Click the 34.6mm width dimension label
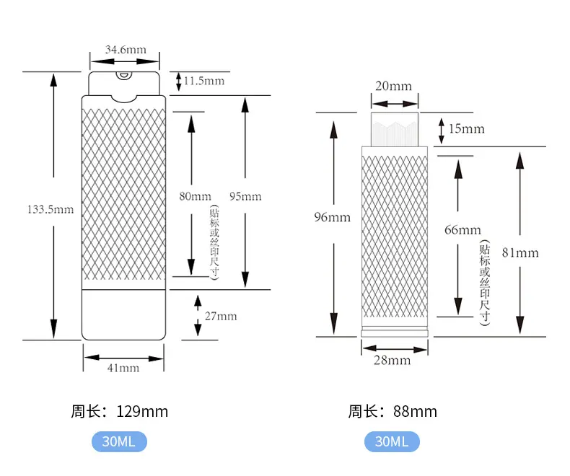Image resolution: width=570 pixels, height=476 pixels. (x=126, y=50)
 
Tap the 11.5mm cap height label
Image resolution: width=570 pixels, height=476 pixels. (x=204, y=81)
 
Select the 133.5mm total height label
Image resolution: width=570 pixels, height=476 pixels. (x=51, y=209)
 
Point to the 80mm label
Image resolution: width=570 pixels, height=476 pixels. (x=196, y=196)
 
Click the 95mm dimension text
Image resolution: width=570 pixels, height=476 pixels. (x=245, y=197)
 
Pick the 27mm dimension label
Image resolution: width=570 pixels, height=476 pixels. (x=221, y=316)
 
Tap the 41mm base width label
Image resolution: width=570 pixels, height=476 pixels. (x=123, y=368)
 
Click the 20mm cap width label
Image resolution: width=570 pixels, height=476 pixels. (x=394, y=86)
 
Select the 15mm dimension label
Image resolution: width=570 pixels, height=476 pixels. (x=467, y=128)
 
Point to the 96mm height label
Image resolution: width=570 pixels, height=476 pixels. (x=332, y=217)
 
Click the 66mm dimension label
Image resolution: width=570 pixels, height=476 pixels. (x=462, y=230)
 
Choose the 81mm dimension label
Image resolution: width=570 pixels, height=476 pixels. (x=520, y=253)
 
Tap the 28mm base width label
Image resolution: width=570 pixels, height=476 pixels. (x=393, y=361)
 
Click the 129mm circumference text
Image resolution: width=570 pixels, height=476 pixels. (x=142, y=412)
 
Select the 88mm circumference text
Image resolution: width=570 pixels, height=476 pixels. (x=415, y=412)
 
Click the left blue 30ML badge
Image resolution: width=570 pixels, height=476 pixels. (x=119, y=441)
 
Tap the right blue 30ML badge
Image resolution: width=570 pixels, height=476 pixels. (x=392, y=441)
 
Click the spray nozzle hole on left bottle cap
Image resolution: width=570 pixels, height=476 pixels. (x=123, y=75)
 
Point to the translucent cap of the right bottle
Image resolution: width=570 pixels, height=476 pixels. (x=395, y=129)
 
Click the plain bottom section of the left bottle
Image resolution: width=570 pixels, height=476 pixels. (x=123, y=314)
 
